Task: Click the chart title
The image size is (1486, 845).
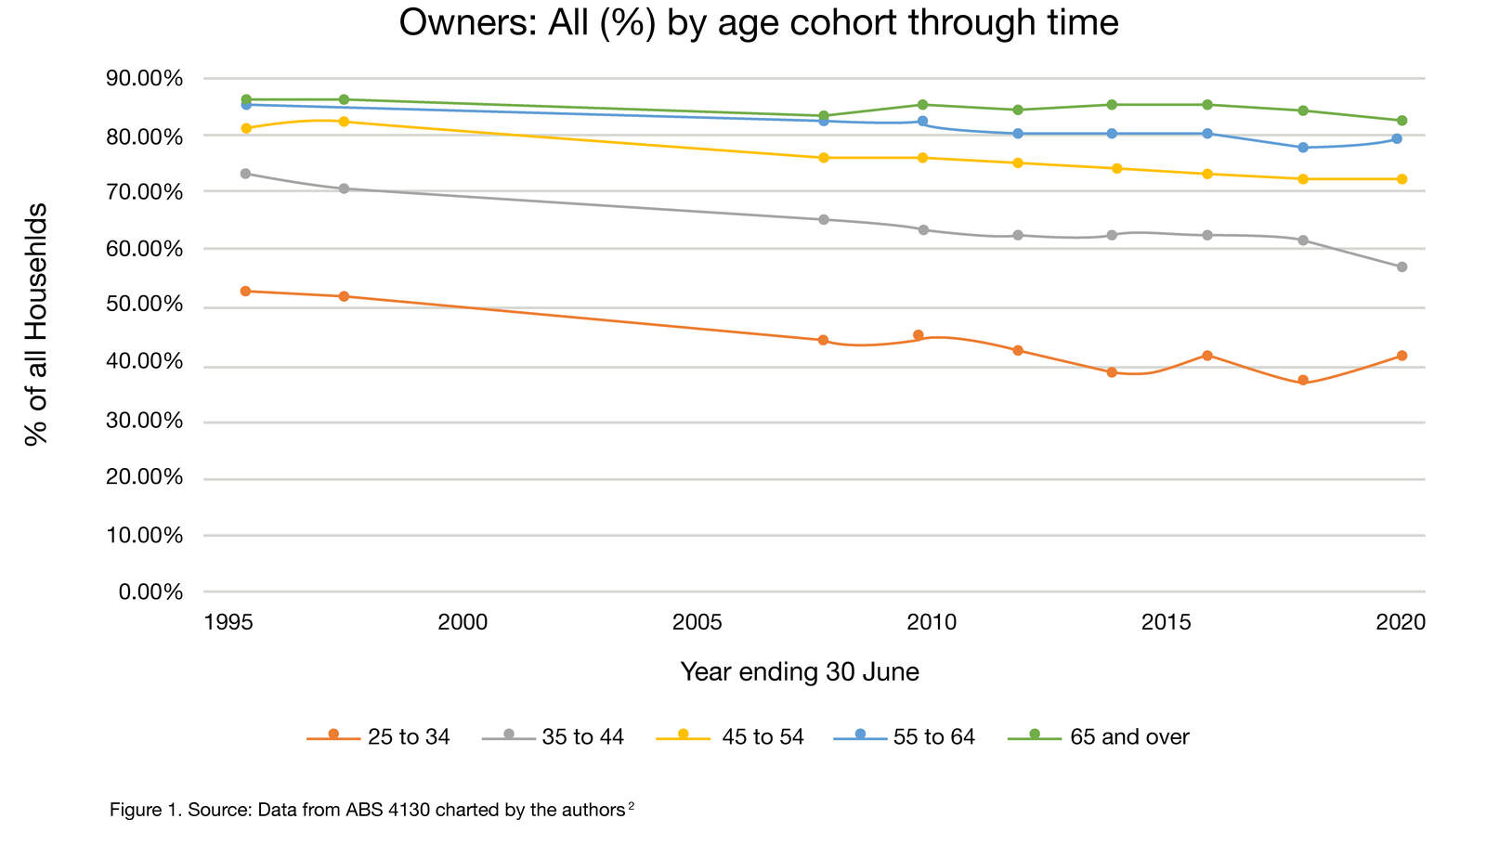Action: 758,22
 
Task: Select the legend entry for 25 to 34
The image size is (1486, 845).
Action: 379,737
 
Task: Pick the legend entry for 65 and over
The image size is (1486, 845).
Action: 1099,737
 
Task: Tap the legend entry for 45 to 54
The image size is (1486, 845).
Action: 730,737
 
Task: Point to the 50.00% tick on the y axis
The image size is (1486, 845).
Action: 150,305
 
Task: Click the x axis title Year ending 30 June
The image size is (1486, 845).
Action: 800,672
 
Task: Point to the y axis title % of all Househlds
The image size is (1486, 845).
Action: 35,325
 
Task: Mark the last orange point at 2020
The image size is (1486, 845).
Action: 1401,356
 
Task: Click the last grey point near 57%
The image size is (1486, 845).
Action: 1401,266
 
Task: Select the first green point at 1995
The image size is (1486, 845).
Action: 246,99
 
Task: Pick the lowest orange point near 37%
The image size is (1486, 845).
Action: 1303,380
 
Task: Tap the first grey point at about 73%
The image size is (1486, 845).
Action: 245,174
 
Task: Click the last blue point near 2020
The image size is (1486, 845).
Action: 1396,139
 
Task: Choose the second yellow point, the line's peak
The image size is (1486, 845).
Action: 344,122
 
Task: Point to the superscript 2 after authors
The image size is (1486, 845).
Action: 631,806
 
